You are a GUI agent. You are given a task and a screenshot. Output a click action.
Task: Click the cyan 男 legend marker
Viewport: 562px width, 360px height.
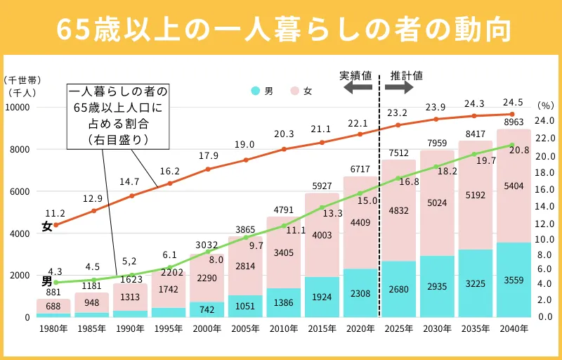click(255, 91)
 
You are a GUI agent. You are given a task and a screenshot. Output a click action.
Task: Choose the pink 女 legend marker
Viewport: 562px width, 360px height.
click(294, 91)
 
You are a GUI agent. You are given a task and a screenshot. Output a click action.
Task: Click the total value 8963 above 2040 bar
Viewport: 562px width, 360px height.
click(512, 121)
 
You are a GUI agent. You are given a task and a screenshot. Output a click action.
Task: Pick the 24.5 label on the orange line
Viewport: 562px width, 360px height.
click(512, 102)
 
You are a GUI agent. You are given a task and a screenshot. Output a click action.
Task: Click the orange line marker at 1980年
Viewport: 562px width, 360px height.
click(55, 225)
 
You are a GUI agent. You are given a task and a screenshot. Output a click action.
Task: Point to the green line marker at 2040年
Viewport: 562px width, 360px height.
click(512, 145)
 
